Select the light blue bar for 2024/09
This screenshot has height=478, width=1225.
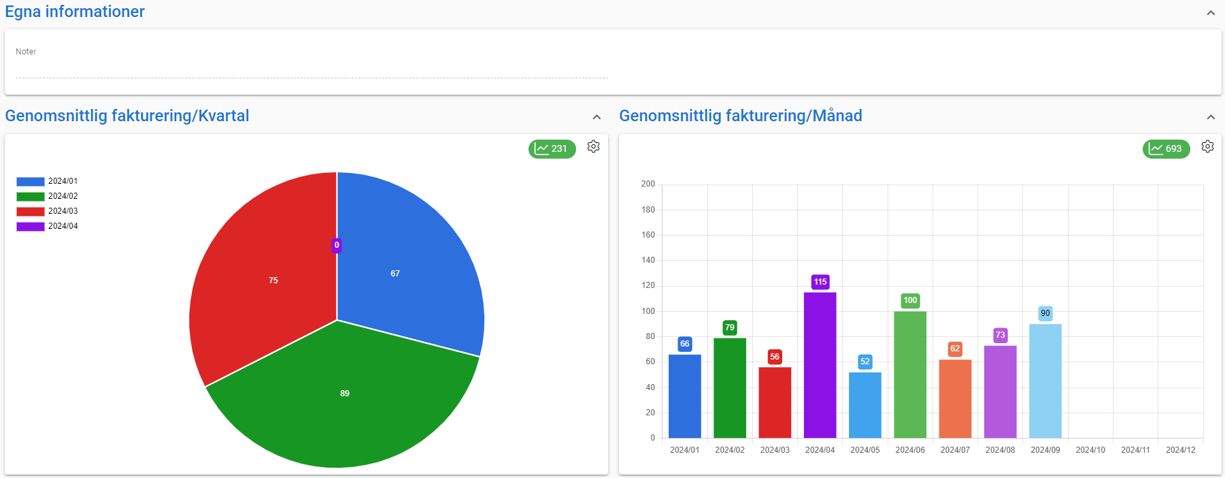(x=1045, y=381)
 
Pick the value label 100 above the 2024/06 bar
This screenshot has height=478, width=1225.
(x=910, y=300)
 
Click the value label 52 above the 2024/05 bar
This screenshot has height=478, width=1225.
(x=865, y=362)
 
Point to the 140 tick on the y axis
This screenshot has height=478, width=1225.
(x=648, y=260)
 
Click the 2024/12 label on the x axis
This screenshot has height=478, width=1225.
(x=1180, y=450)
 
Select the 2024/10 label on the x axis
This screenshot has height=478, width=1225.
(x=1090, y=450)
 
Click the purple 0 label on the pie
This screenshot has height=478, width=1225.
(x=337, y=245)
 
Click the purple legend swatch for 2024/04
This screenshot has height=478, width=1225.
(x=30, y=226)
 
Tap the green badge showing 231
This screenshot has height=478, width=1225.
(x=552, y=148)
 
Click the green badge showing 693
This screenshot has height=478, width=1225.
(x=1166, y=148)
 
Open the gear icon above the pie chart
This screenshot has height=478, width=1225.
(x=593, y=146)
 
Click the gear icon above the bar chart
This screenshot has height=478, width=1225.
(x=1207, y=146)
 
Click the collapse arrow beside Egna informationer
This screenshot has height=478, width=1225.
(x=1211, y=13)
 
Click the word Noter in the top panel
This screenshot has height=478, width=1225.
(x=26, y=52)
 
